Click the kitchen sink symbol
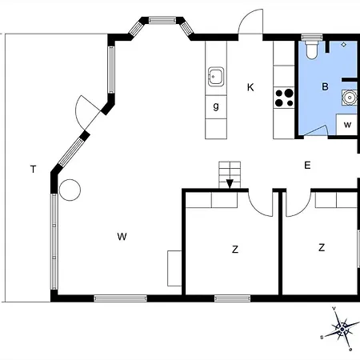(x=216, y=77)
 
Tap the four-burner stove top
(x=284, y=98)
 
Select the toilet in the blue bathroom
(x=312, y=50)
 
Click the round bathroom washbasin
(x=349, y=98)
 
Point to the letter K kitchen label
(x=250, y=87)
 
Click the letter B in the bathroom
(x=325, y=86)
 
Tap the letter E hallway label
(x=307, y=166)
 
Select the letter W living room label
(x=122, y=237)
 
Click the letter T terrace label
(x=33, y=170)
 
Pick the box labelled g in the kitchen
(x=216, y=107)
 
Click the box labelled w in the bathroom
(x=346, y=125)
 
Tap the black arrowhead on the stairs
(x=230, y=184)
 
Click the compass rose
(x=342, y=330)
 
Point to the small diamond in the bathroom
(x=344, y=45)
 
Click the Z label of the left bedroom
(x=235, y=250)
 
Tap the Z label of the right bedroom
(x=322, y=248)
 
